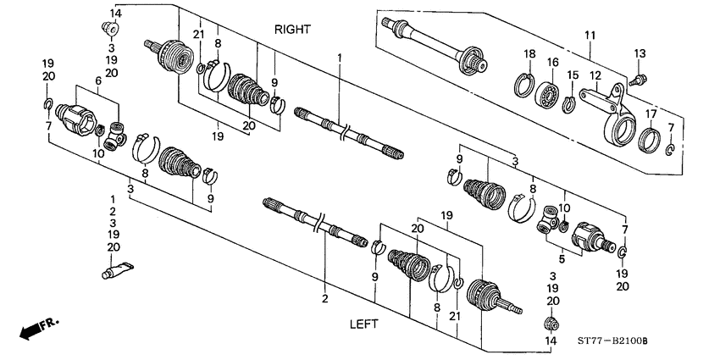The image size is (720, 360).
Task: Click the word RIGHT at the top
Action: (x=292, y=29)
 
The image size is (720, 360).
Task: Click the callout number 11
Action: (x=590, y=35)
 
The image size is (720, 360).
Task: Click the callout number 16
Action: (x=552, y=62)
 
